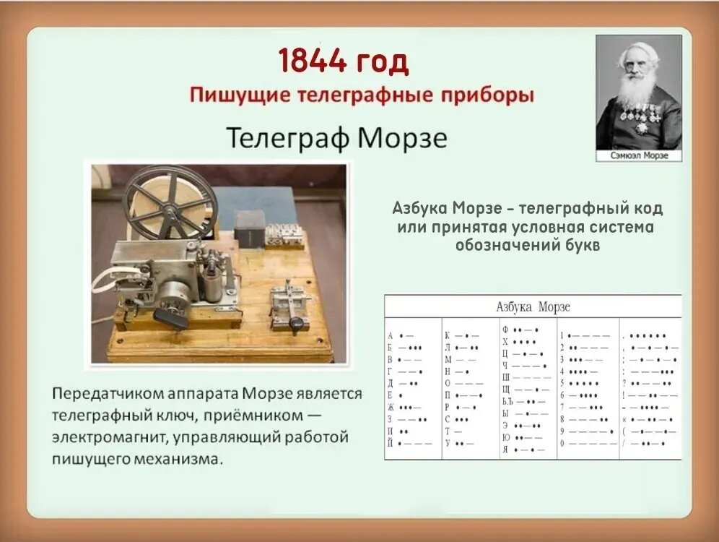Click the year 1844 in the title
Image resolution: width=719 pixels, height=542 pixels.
pyautogui.click(x=311, y=62)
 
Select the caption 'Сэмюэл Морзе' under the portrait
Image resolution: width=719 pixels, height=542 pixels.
pyautogui.click(x=638, y=155)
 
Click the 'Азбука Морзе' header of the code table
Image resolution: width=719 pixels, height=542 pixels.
pyautogui.click(x=533, y=306)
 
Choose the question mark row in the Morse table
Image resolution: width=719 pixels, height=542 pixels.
pyautogui.click(x=650, y=383)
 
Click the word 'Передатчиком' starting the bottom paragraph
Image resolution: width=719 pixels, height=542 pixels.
pyautogui.click(x=102, y=395)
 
